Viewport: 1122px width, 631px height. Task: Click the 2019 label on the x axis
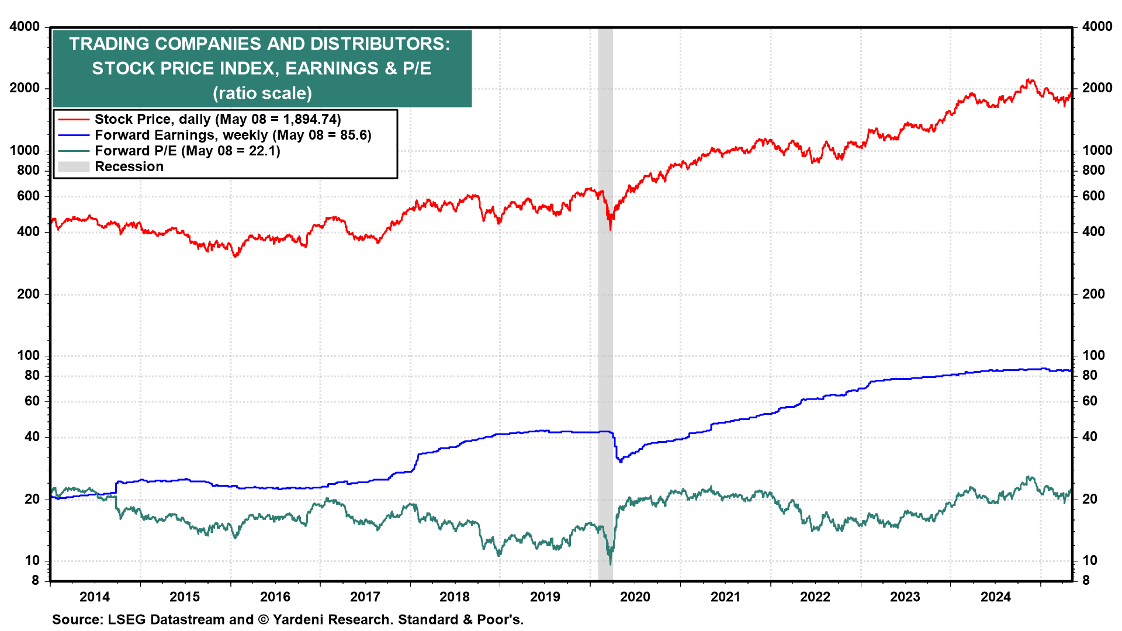pos(545,597)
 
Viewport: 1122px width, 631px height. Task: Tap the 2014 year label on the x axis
pos(95,597)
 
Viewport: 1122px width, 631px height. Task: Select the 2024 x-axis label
pos(995,597)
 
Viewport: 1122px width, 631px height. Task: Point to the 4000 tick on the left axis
pos(25,26)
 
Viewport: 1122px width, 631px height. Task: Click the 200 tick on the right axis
pos(1093,294)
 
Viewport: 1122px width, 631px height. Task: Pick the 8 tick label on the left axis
pos(35,580)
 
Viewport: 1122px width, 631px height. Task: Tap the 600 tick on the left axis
pos(28,196)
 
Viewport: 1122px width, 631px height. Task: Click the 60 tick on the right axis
pos(1090,401)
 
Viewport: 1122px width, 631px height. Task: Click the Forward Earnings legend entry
pos(233,135)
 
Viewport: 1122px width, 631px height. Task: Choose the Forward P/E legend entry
pos(187,151)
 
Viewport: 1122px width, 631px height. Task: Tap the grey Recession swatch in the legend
pos(74,167)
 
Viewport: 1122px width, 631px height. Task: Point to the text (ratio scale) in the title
pos(262,93)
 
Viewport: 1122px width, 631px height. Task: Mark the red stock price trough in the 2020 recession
pos(611,229)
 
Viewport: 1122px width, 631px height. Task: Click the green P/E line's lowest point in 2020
pos(611,564)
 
